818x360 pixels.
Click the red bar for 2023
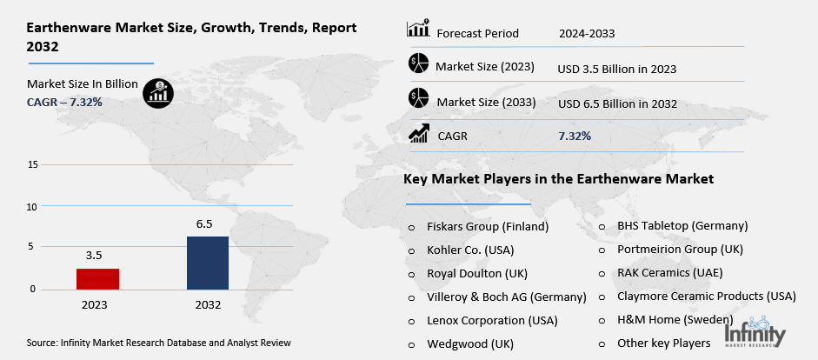coord(97,278)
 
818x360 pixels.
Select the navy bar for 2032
coord(208,263)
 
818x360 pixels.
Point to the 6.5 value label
coord(205,223)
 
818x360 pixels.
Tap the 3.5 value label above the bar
coord(94,256)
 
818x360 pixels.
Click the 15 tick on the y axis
coord(32,164)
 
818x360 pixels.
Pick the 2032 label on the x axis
coord(208,305)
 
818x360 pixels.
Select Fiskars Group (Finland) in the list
coord(488,226)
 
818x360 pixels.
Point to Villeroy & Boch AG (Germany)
coord(507,297)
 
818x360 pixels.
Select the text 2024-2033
coord(587,34)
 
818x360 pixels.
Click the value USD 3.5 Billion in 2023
coord(616,68)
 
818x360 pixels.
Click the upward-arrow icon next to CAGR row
coord(419,134)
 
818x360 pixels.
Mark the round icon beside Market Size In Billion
coord(158,92)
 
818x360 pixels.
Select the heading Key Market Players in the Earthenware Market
coord(558,179)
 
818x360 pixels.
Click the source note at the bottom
coord(158,343)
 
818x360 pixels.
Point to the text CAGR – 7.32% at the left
coord(64,102)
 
